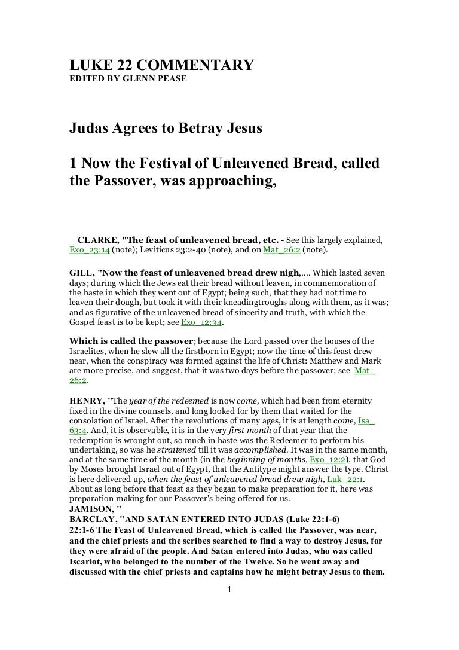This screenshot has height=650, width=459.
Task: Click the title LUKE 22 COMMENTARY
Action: coord(161,65)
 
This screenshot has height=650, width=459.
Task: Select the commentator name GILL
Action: coord(82,270)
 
